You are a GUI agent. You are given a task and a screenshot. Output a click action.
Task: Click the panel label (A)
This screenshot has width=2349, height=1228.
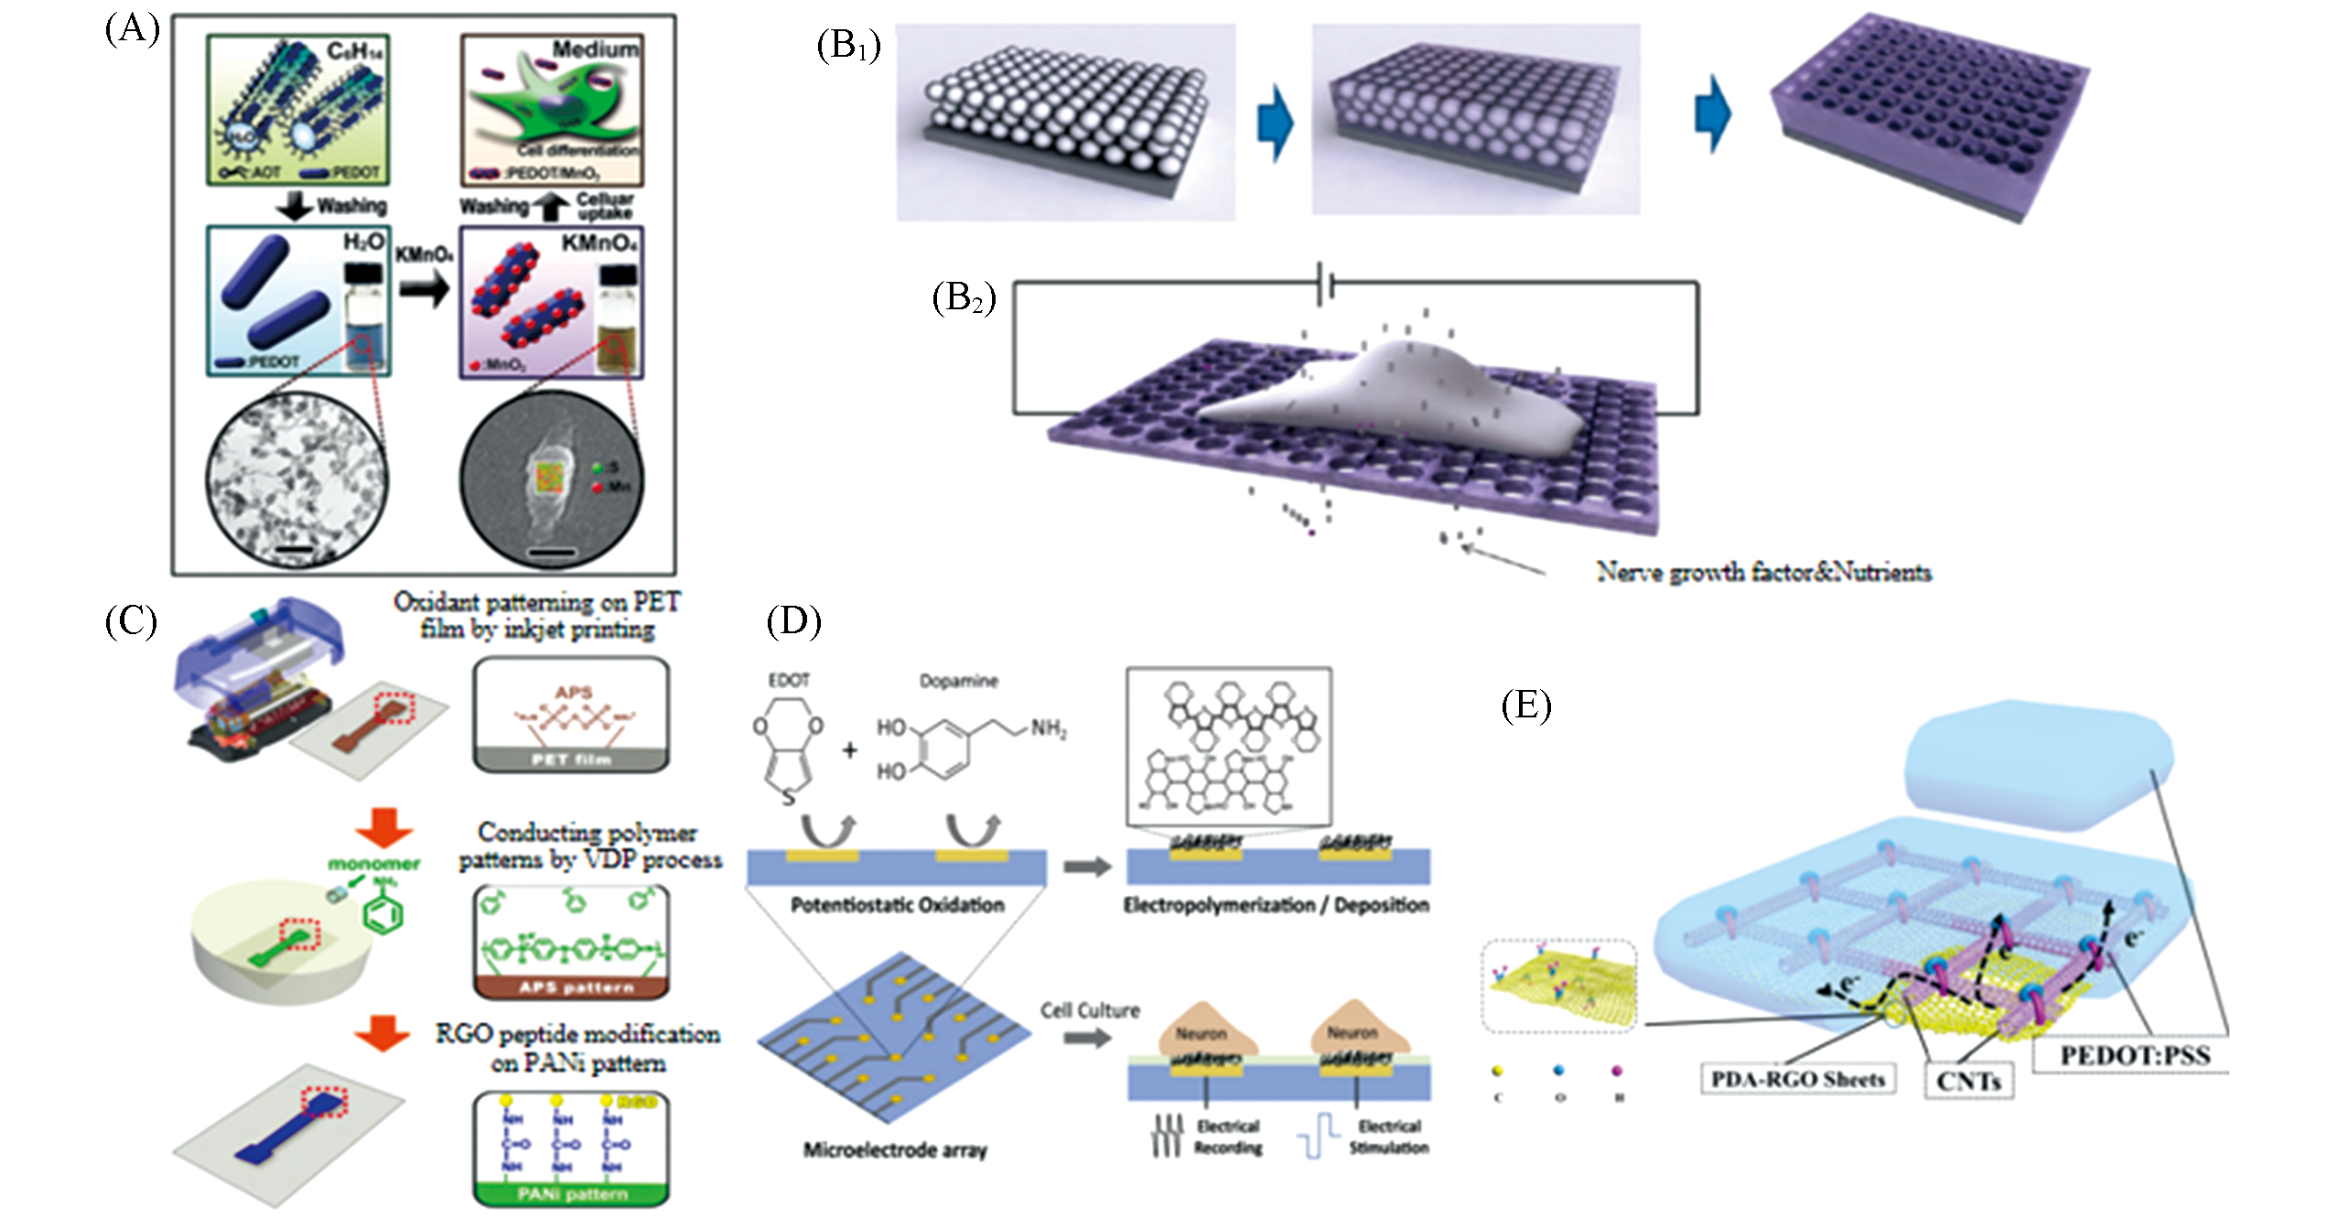tap(132, 31)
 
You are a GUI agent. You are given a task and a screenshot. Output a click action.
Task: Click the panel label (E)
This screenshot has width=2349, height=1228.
tap(1526, 706)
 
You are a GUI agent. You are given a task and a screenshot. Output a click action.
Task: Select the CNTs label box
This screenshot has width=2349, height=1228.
tap(1968, 1081)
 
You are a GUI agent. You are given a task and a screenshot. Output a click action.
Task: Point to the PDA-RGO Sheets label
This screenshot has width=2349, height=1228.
tap(1797, 1079)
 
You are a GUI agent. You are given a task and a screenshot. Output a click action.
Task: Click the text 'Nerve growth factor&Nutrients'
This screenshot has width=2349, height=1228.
tap(1763, 573)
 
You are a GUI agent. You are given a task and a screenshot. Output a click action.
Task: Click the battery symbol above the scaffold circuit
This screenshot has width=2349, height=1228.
tap(1324, 284)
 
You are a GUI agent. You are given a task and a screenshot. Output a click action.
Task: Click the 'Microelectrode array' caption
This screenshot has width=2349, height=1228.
tap(895, 1150)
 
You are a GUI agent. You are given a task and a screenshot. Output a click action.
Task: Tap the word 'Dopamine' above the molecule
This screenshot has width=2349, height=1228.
tap(958, 681)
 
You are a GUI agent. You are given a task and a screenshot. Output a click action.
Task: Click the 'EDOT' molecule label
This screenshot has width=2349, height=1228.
tap(789, 680)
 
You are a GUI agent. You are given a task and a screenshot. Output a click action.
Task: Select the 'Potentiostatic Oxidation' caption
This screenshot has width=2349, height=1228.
tap(897, 905)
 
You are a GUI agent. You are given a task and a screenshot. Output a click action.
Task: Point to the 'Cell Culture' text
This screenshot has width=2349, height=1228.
tap(1090, 1010)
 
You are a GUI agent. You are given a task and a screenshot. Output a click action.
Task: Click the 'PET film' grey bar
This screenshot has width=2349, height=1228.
tap(571, 759)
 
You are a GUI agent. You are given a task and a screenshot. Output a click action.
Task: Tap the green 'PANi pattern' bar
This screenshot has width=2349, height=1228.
tap(572, 1194)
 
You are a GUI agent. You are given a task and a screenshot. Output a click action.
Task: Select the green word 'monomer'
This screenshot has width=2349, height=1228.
tap(373, 863)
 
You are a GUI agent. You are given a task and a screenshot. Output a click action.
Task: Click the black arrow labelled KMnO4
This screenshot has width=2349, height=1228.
tap(425, 290)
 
